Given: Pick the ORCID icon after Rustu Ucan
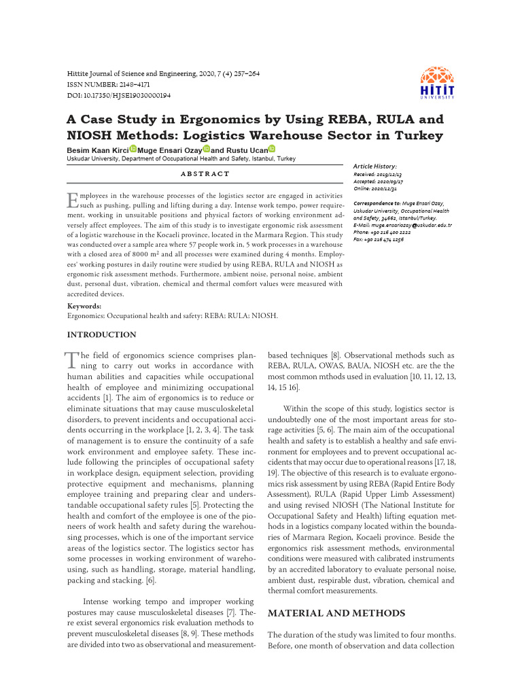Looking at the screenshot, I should [272, 149].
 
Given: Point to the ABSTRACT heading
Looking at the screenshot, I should [204, 175].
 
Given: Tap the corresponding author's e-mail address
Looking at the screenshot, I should [403, 224].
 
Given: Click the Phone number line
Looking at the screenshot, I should [382, 232].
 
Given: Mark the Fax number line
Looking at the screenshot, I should [379, 239].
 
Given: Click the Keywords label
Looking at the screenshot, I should [85, 307].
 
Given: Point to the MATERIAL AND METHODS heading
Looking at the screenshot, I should [336, 614].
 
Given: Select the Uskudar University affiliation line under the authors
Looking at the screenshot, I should [181, 158].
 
